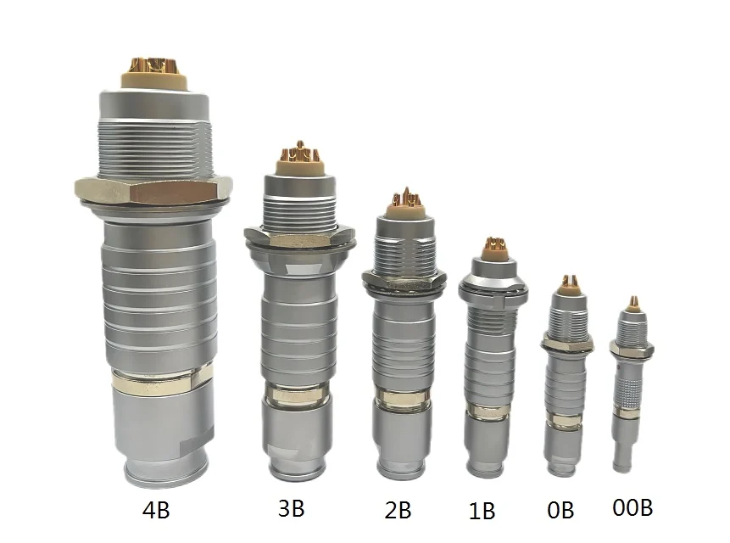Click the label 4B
[156, 511]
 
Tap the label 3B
[292, 508]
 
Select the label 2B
[398, 511]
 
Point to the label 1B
[482, 511]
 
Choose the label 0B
[560, 511]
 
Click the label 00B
[632, 507]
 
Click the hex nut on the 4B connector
[153, 190]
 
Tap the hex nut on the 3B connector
[299, 237]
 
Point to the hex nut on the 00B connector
[632, 349]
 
